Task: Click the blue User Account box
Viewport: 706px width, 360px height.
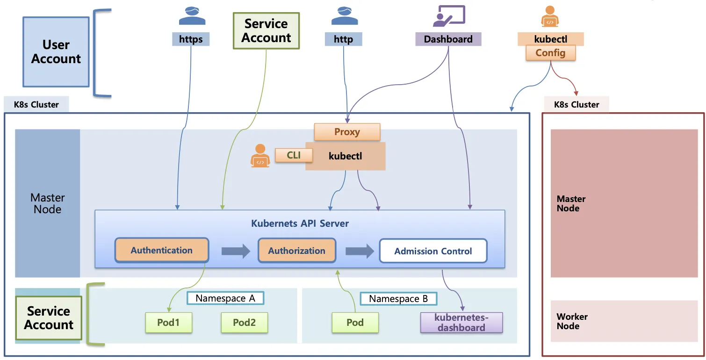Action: pyautogui.click(x=56, y=52)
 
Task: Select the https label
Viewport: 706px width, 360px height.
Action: pyautogui.click(x=191, y=39)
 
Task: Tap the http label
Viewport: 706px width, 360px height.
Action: pyautogui.click(x=343, y=39)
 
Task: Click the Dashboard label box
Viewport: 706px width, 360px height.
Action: pyautogui.click(x=448, y=39)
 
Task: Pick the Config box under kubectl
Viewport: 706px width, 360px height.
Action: pyautogui.click(x=550, y=53)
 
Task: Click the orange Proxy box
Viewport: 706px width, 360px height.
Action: pyautogui.click(x=347, y=132)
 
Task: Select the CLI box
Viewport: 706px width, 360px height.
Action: pyautogui.click(x=294, y=155)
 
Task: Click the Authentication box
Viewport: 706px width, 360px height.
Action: pyautogui.click(x=162, y=250)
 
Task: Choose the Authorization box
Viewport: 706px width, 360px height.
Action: pyautogui.click(x=296, y=251)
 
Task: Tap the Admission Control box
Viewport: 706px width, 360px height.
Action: pyautogui.click(x=433, y=251)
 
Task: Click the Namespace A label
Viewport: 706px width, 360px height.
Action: pyautogui.click(x=225, y=298)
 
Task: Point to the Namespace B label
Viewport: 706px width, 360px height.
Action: pyautogui.click(x=398, y=299)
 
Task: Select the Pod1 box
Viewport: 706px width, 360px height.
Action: pyautogui.click(x=169, y=323)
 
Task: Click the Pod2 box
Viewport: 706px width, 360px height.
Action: pyautogui.click(x=244, y=323)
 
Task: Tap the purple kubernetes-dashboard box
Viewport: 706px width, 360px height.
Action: pyautogui.click(x=461, y=323)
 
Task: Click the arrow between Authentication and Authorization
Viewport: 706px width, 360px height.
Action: pyautogui.click(x=236, y=251)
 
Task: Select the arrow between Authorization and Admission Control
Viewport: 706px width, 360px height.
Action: pyautogui.click(x=360, y=251)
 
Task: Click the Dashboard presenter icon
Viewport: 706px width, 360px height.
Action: pyautogui.click(x=449, y=16)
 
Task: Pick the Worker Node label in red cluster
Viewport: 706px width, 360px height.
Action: pyautogui.click(x=572, y=321)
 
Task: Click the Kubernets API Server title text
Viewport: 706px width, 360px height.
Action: pyautogui.click(x=300, y=223)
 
